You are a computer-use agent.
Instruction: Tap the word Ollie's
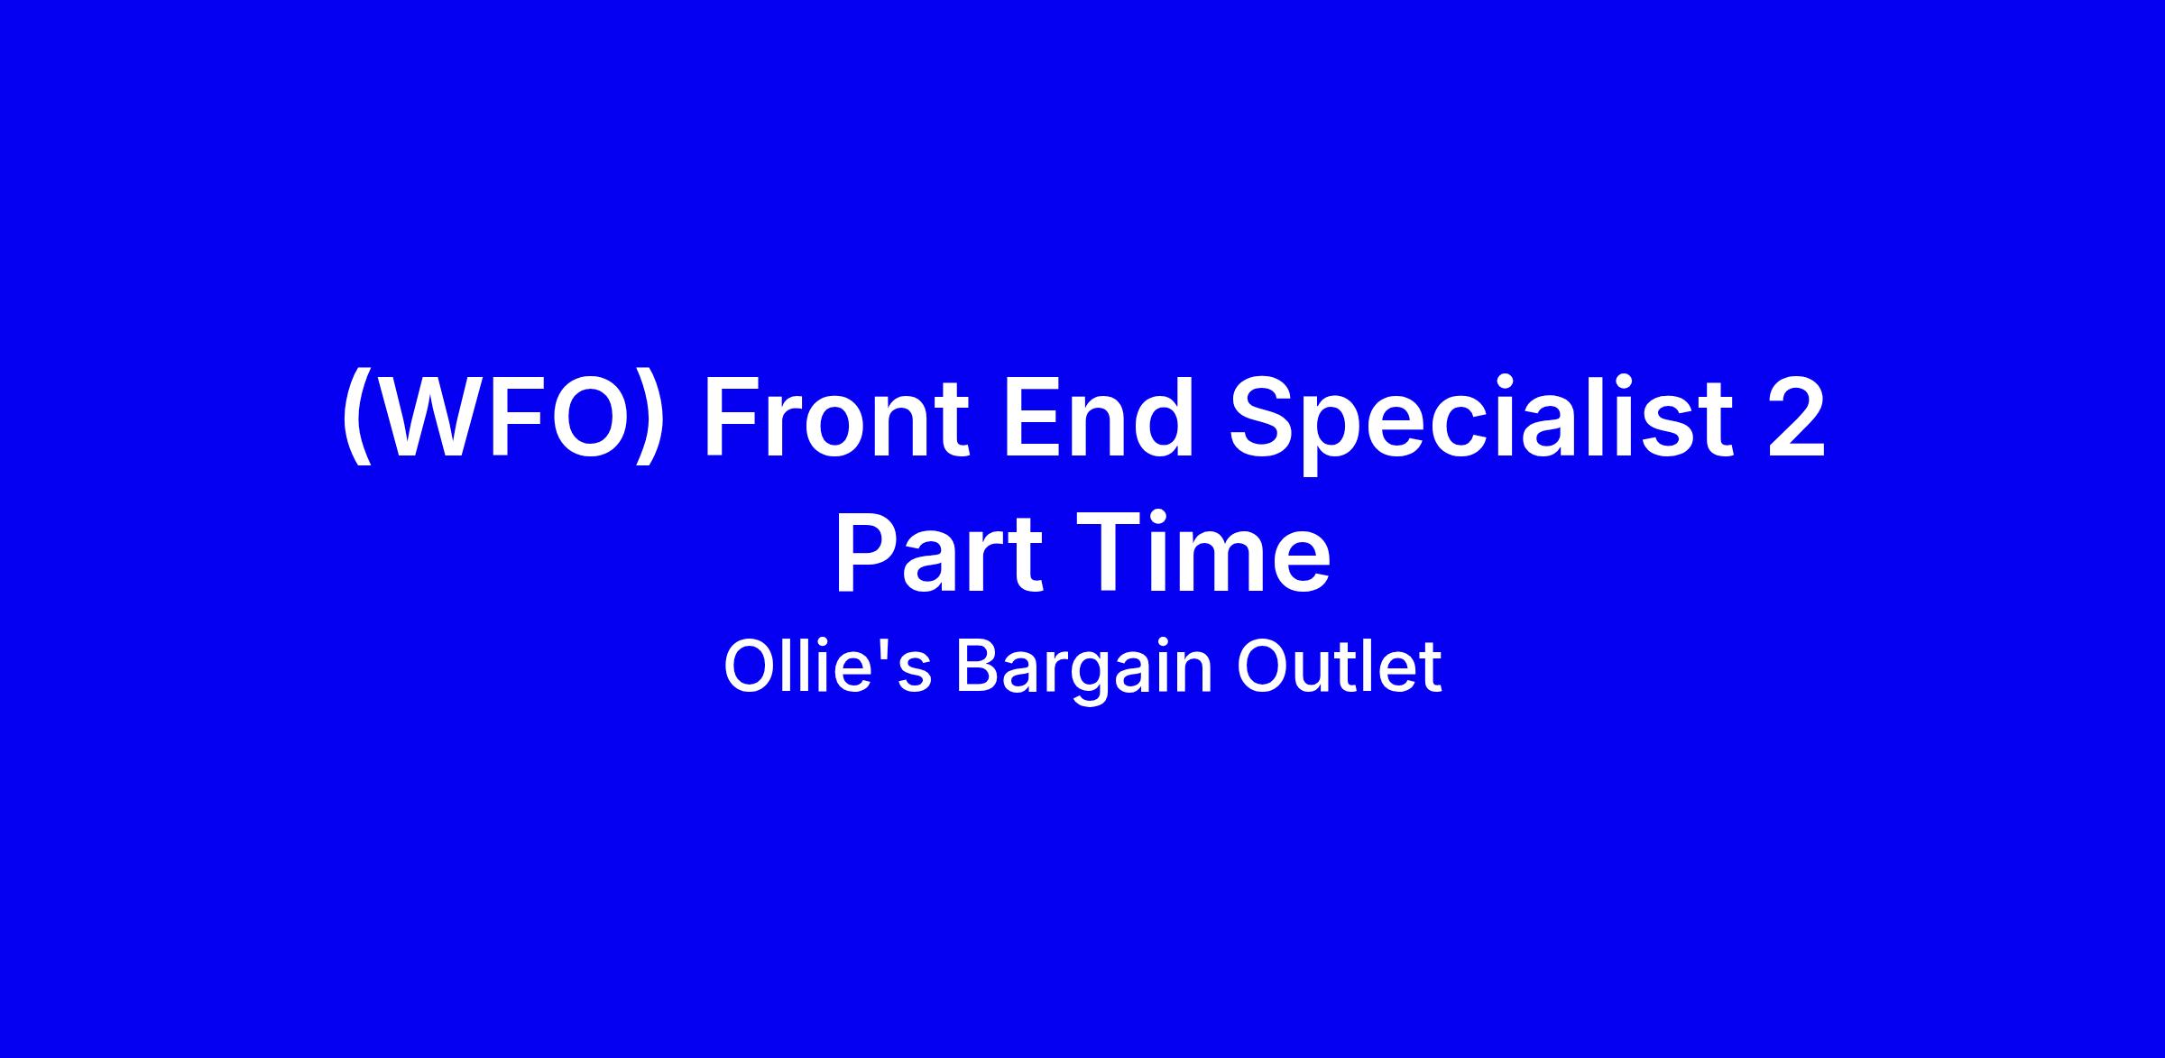pyautogui.click(x=827, y=667)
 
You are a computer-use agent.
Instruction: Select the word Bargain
pyautogui.click(x=1083, y=672)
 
